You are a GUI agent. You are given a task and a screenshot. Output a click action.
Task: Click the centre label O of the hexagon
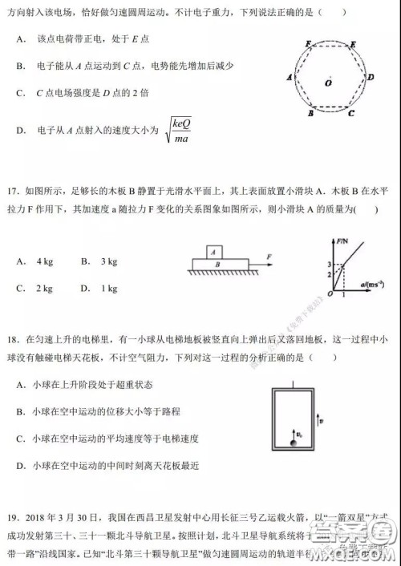(329, 83)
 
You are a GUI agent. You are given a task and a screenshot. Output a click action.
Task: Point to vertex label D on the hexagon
(371, 77)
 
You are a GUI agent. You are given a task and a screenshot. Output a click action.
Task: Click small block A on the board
(214, 251)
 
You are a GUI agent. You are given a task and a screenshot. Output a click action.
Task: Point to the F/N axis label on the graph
(345, 240)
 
